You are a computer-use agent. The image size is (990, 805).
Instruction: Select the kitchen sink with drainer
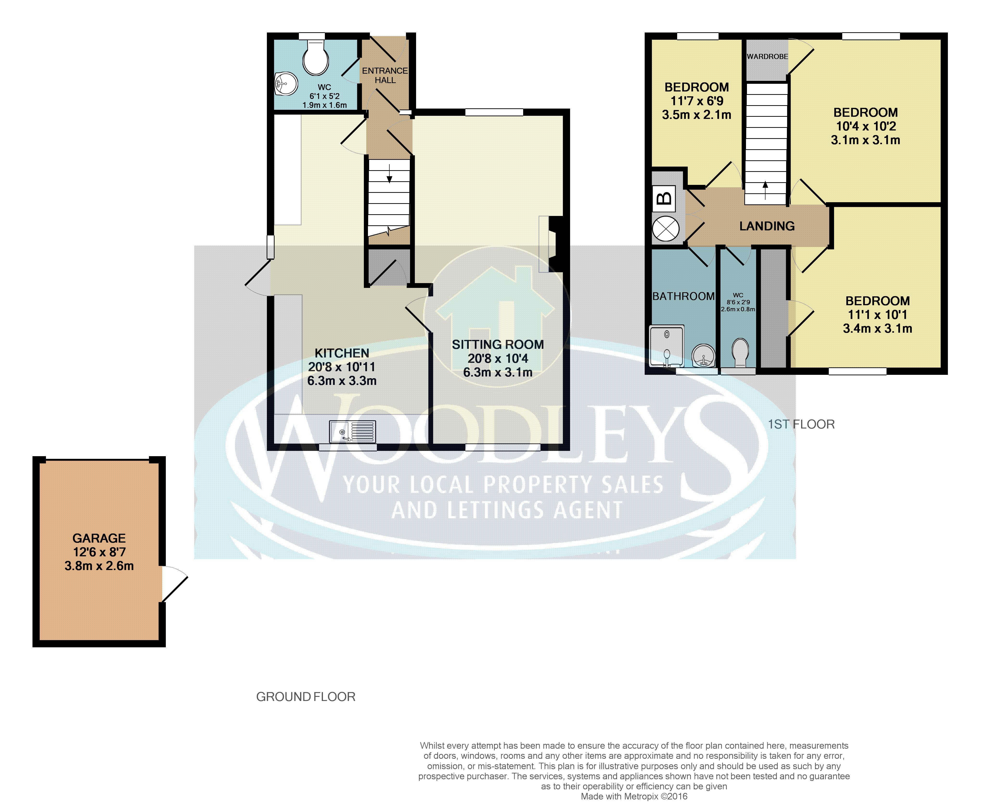click(x=352, y=431)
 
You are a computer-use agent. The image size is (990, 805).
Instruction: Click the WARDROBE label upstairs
click(x=768, y=57)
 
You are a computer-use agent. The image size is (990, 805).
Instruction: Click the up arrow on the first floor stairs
click(x=765, y=190)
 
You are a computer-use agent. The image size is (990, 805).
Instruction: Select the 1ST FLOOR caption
click(x=801, y=424)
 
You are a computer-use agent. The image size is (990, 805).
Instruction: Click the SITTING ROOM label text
click(x=498, y=344)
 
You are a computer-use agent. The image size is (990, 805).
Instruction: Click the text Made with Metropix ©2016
click(x=634, y=796)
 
